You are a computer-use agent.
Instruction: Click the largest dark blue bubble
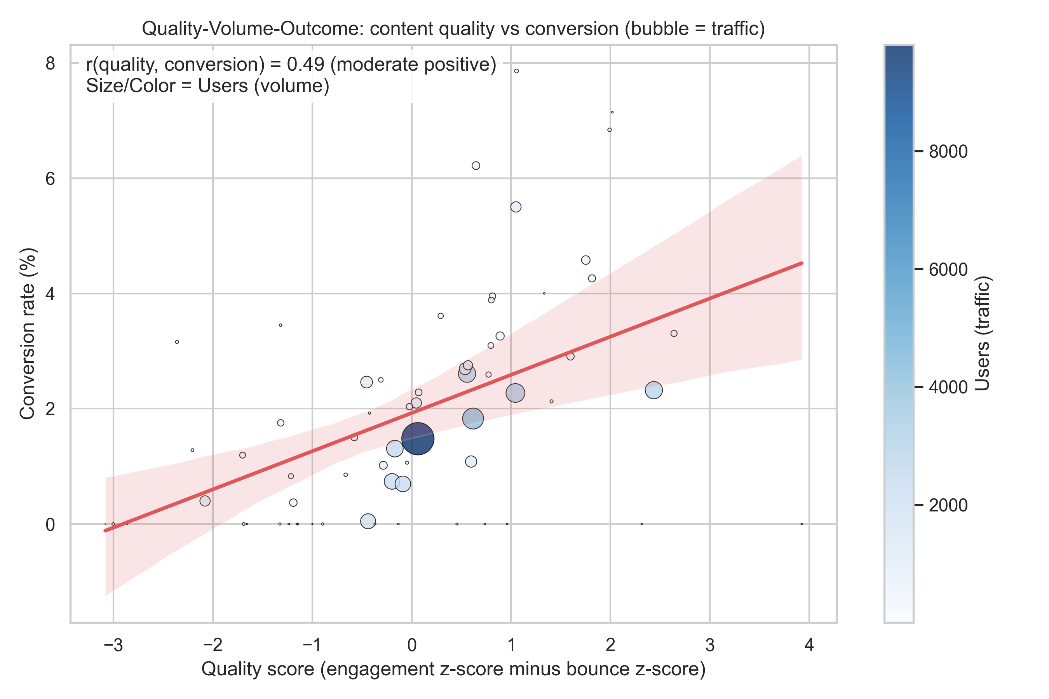pos(417,439)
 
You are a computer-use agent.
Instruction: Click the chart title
pos(453,28)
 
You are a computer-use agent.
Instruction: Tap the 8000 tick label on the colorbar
pos(948,151)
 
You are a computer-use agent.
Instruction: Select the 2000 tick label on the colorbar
pos(948,505)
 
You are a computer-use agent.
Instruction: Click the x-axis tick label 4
pos(809,645)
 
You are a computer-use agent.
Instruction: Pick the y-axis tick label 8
pos(51,63)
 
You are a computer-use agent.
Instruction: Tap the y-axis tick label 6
pos(51,179)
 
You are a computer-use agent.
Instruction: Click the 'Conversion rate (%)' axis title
pos(27,334)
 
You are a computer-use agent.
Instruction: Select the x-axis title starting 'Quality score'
pos(453,669)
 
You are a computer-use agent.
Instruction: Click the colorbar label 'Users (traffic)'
pos(982,334)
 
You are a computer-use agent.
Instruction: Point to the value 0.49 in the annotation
pos(305,64)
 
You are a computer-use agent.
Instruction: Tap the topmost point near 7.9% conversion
pos(516,71)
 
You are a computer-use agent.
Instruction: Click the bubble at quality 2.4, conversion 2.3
pos(653,390)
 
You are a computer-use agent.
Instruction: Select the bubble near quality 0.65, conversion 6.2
pos(476,165)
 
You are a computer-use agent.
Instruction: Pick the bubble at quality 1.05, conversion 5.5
pos(516,207)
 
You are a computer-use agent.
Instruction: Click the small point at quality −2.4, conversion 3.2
pos(177,342)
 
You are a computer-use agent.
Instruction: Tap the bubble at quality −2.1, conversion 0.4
pos(205,501)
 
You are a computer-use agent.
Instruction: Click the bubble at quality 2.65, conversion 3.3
pos(674,334)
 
